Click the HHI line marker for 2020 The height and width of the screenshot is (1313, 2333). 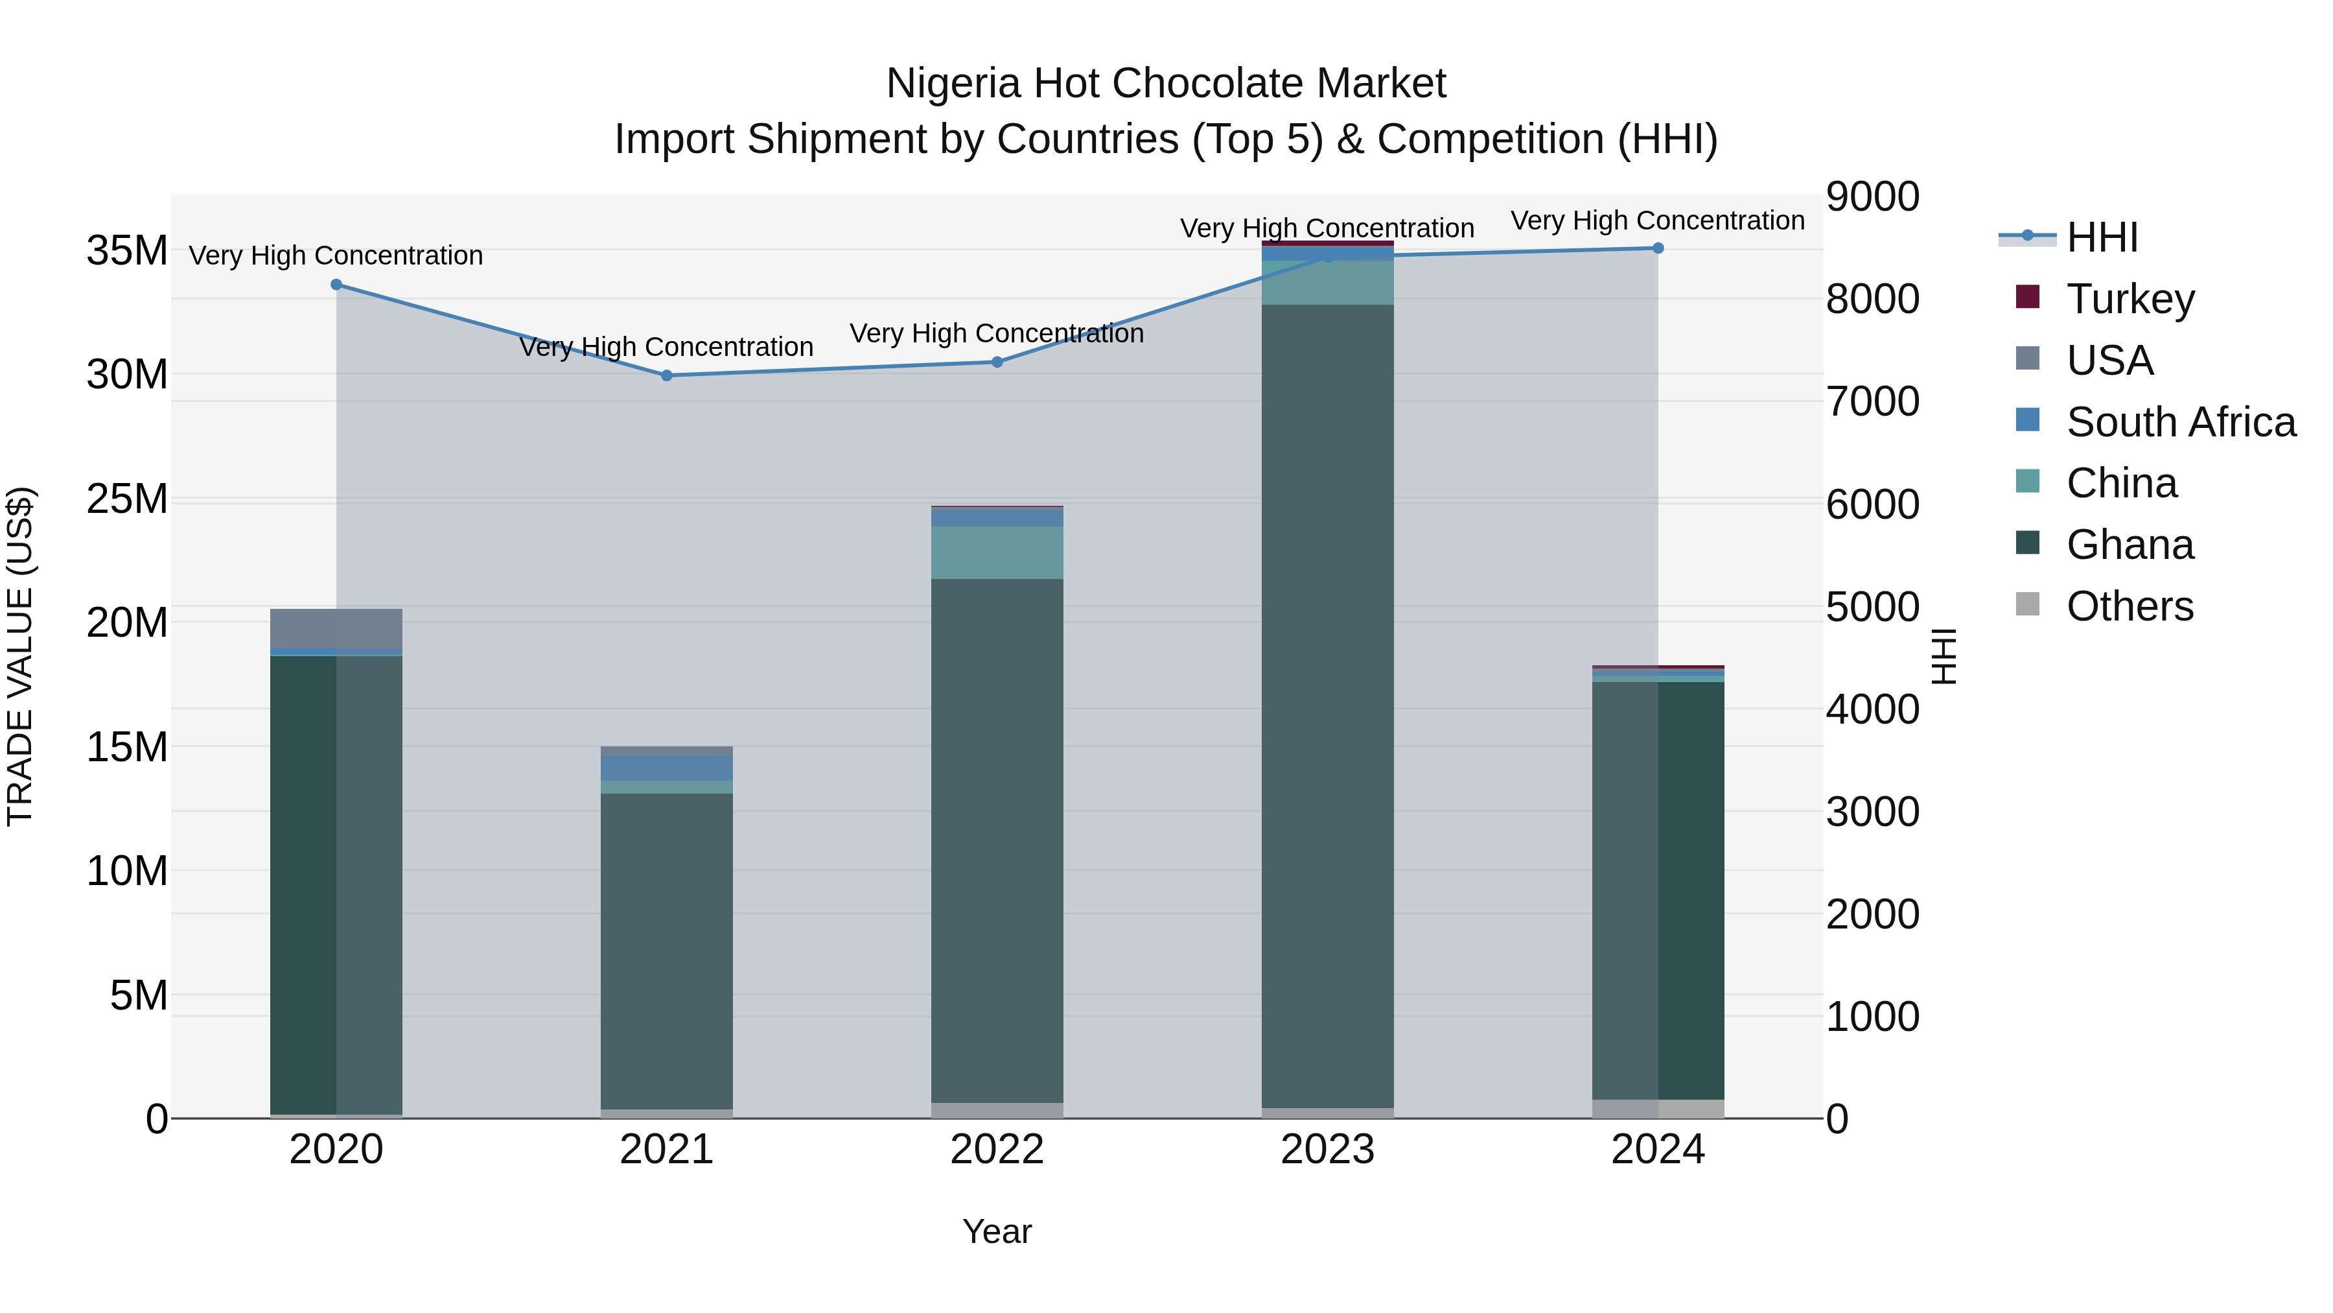coord(336,285)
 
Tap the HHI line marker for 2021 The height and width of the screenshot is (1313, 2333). coord(667,375)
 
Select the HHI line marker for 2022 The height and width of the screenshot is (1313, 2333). coord(997,362)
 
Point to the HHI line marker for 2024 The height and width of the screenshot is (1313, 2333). coord(1658,248)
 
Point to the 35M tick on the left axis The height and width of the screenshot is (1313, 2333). coord(127,250)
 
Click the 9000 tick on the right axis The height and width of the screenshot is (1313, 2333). coord(1872,196)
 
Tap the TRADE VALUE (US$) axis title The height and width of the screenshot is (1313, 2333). coord(21,656)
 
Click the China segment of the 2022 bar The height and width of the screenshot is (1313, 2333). coord(997,552)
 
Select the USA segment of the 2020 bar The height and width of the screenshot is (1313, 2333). coord(336,629)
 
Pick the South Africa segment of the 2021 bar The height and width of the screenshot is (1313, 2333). coord(667,768)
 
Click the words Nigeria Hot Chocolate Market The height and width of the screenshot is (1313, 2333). coord(1166,84)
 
